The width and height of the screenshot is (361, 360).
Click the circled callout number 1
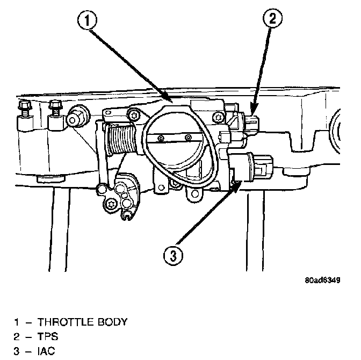click(87, 20)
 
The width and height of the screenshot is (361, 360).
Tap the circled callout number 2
click(272, 18)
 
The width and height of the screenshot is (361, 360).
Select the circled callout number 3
click(173, 255)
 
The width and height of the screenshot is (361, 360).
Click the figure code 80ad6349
click(322, 280)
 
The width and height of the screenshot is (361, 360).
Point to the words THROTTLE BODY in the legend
click(82, 322)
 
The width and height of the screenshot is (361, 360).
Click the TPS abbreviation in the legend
click(48, 336)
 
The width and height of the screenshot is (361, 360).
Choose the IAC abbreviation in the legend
click(46, 351)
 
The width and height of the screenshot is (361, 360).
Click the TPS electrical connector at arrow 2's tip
click(251, 124)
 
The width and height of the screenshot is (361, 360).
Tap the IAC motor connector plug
click(263, 167)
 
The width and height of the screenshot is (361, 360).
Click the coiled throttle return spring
click(120, 139)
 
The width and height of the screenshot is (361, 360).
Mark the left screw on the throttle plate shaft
click(161, 138)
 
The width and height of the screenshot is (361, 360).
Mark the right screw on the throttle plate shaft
click(189, 138)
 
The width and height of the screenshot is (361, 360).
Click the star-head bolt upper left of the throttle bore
click(134, 114)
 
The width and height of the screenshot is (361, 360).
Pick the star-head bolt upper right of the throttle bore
click(218, 118)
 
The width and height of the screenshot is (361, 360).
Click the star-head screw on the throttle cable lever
click(111, 204)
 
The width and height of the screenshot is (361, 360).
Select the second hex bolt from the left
click(55, 108)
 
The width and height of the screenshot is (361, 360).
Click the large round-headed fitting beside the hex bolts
click(78, 117)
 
